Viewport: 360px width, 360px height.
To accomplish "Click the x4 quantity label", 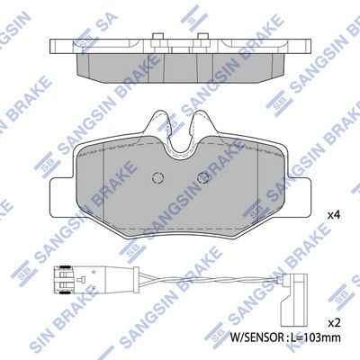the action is (333, 215).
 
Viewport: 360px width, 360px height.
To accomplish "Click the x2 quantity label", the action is (333, 323).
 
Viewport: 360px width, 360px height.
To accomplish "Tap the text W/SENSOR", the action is (256, 337).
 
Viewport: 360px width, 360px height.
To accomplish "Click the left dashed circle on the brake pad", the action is (157, 178).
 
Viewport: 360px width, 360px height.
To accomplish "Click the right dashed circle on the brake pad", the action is (203, 178).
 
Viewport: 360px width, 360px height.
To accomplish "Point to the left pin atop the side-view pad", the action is (157, 36).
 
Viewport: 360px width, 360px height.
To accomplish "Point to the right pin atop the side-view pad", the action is (202, 36).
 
